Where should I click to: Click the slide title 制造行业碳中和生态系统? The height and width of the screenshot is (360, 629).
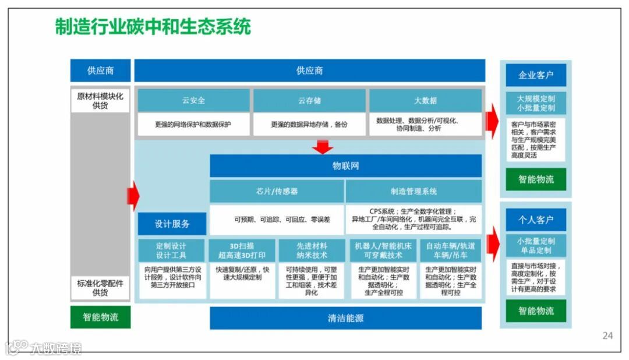153,27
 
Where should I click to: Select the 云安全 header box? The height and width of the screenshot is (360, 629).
193,100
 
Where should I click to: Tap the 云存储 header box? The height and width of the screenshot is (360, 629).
309,100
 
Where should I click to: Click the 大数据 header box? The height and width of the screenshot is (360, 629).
425,100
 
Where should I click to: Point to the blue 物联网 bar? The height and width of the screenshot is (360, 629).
345,166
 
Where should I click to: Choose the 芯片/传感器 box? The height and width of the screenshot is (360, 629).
277,191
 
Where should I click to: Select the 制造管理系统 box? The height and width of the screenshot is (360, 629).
414,191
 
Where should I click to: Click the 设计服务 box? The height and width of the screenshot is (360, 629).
172,224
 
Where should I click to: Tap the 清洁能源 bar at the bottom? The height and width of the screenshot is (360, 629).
345,318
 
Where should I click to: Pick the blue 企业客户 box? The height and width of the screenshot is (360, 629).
535,75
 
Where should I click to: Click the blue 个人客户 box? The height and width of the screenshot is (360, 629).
535,220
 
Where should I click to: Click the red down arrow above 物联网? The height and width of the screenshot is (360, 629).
322,147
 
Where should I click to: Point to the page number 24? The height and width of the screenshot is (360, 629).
607,336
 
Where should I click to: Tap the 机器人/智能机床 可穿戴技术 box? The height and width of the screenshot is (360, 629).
383,250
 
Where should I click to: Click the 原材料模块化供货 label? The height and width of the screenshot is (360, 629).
100,101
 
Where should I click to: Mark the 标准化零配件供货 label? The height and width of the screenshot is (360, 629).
100,288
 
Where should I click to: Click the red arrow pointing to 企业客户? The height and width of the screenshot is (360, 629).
492,118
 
